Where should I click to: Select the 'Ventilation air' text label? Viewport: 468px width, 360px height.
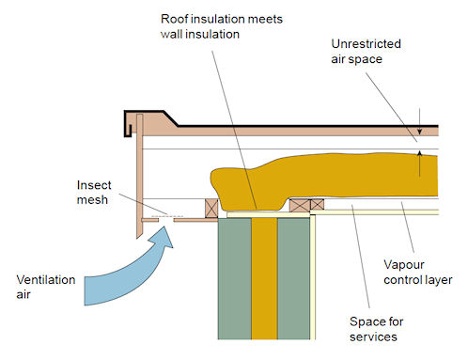point(41,287)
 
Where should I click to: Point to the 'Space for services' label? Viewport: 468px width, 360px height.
point(382,328)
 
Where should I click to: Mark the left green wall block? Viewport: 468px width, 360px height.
point(235,281)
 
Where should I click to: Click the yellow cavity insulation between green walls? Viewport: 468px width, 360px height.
point(265,281)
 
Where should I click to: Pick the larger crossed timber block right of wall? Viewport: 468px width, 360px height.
point(301,204)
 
